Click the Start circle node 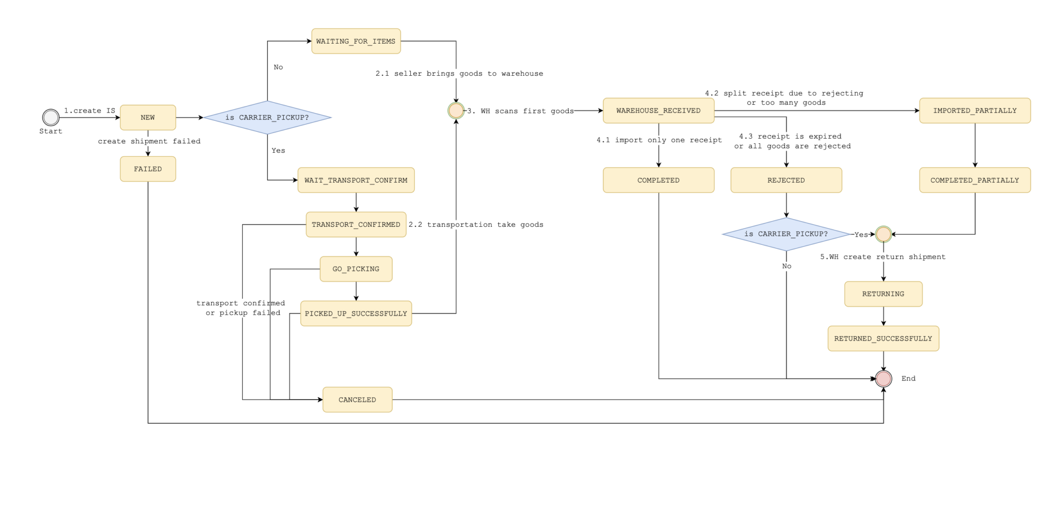pyautogui.click(x=51, y=117)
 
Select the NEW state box pyautogui.click(x=148, y=117)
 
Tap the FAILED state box pyautogui.click(x=148, y=169)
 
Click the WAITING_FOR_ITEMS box pyautogui.click(x=356, y=41)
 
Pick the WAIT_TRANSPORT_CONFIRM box pyautogui.click(x=356, y=180)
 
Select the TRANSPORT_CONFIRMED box pyautogui.click(x=356, y=225)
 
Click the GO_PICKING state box pyautogui.click(x=356, y=269)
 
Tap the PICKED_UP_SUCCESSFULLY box pyautogui.click(x=356, y=313)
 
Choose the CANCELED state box pyautogui.click(x=357, y=400)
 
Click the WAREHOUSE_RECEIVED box pyautogui.click(x=659, y=111)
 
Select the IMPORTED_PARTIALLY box pyautogui.click(x=975, y=111)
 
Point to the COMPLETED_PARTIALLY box pyautogui.click(x=975, y=180)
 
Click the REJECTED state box pyautogui.click(x=786, y=180)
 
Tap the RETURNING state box pyautogui.click(x=883, y=294)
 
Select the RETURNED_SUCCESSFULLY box pyautogui.click(x=883, y=338)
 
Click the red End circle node pyautogui.click(x=883, y=379)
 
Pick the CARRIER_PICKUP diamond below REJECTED pyautogui.click(x=786, y=234)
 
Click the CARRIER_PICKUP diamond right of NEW pyautogui.click(x=267, y=117)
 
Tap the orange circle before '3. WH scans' pyautogui.click(x=456, y=111)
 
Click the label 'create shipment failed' pyautogui.click(x=149, y=141)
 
